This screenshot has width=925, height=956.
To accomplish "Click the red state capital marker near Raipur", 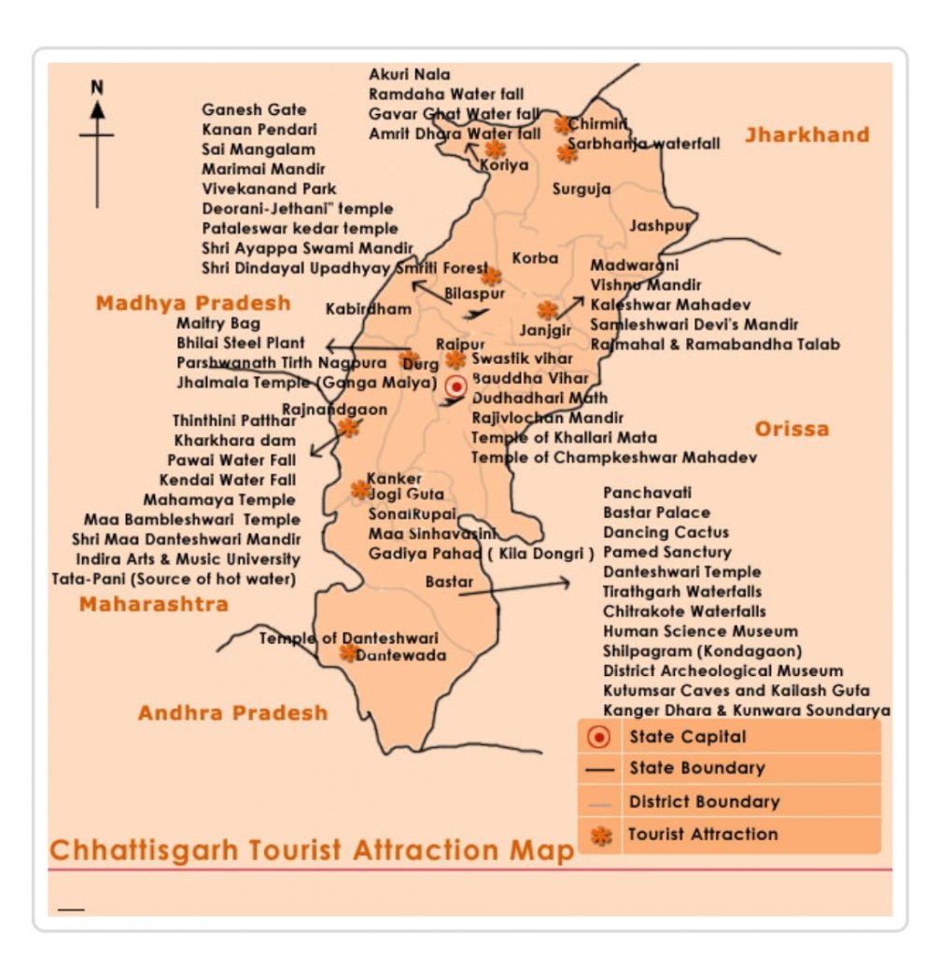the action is (x=455, y=387).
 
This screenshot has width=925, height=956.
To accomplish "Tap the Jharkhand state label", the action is (x=806, y=135).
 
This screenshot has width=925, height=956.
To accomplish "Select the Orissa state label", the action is (x=792, y=429).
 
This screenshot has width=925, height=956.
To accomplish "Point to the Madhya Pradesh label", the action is (x=193, y=303).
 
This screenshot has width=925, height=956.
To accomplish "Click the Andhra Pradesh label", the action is (x=233, y=713).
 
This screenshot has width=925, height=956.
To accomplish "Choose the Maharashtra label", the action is (x=153, y=604).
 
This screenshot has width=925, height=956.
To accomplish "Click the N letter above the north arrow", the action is (x=97, y=87).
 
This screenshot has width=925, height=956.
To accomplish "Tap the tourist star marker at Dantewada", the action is (x=348, y=653).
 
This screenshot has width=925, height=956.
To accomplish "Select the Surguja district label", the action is (x=582, y=190).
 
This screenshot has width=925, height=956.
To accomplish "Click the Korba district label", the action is (x=535, y=259).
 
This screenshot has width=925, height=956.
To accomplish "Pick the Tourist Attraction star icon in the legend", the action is (x=602, y=835).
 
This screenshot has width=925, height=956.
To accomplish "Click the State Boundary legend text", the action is (x=696, y=768).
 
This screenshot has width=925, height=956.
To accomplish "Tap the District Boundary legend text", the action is (x=704, y=801).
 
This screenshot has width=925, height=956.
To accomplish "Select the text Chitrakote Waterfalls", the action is (x=684, y=612).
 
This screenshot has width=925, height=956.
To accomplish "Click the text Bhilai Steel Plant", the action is (x=241, y=344).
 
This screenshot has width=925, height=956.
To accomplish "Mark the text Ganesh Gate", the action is (x=254, y=110).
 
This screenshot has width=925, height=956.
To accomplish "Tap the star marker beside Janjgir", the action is (x=547, y=310).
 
